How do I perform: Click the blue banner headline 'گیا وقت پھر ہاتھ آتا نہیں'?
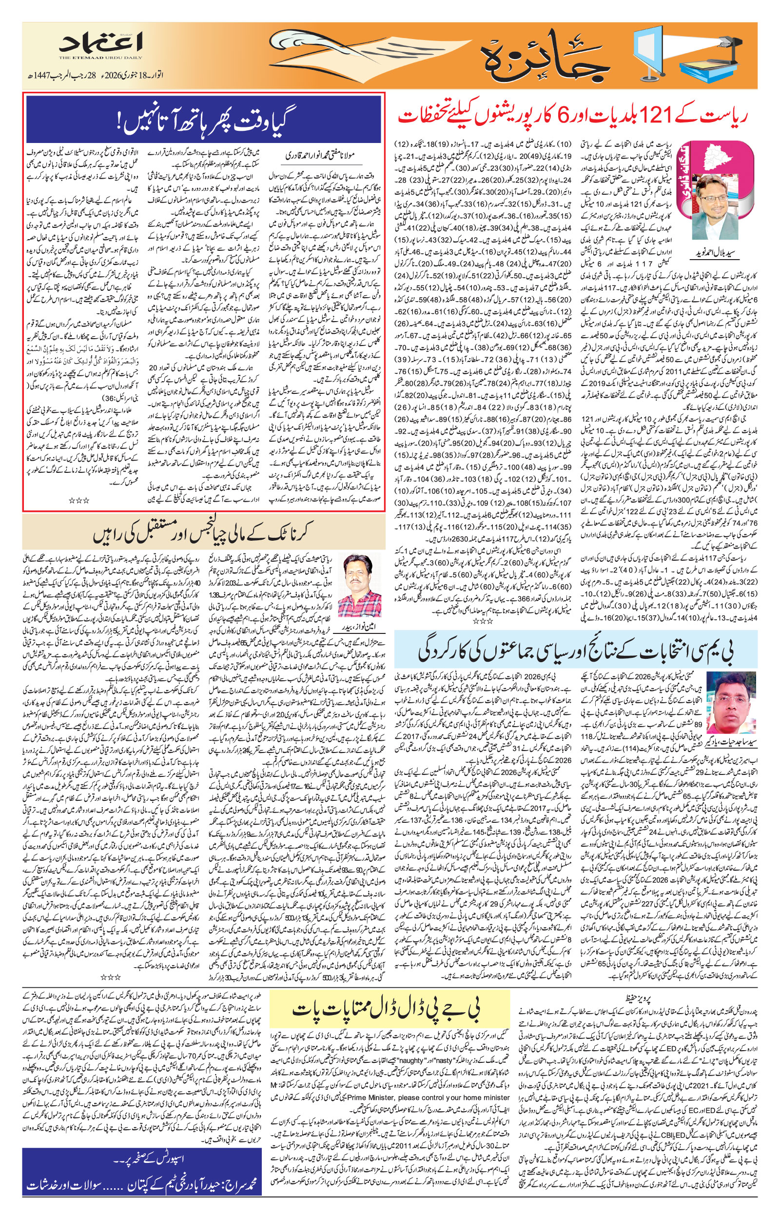pyautogui.click(x=203, y=120)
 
